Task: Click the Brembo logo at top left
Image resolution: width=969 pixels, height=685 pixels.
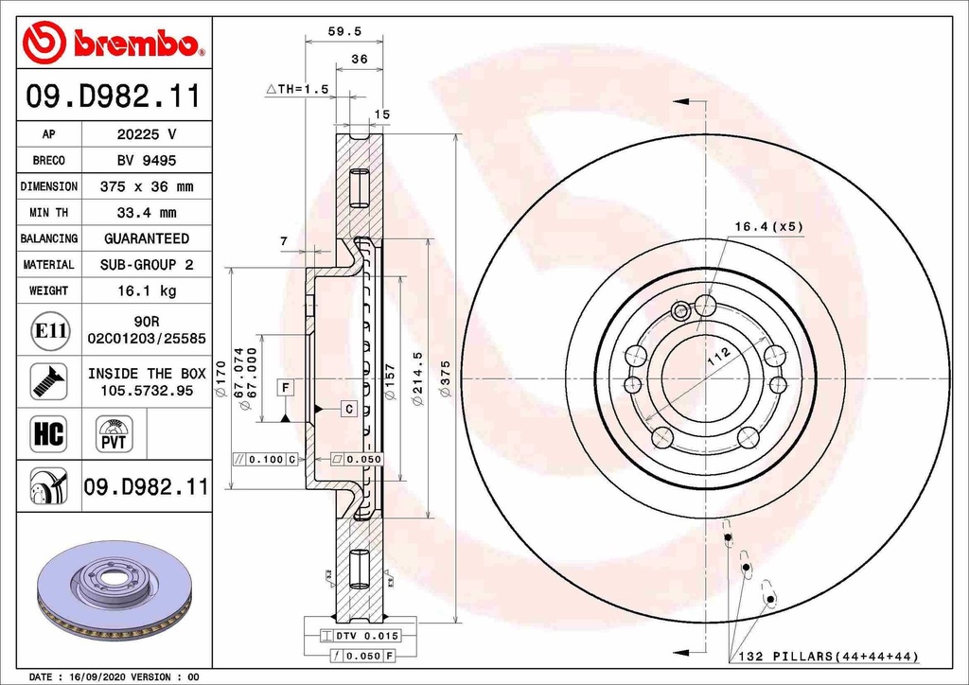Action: point(114,44)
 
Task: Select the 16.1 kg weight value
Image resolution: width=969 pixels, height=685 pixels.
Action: point(146,291)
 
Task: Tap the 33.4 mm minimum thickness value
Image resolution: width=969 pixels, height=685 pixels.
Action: point(146,213)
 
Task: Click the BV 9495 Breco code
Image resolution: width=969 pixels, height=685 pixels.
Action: point(146,161)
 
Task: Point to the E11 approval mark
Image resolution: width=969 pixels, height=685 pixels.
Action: point(49,330)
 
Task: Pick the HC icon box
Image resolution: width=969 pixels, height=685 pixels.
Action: point(49,433)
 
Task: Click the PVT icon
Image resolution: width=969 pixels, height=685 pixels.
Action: point(115,435)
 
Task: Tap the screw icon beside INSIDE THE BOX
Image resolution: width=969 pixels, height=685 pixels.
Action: point(49,380)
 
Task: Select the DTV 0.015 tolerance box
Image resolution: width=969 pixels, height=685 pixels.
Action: point(360,636)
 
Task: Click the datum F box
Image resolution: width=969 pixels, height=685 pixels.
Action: point(284,386)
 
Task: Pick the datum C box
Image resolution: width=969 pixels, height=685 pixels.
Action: point(348,409)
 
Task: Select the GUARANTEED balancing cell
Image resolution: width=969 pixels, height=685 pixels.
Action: point(146,239)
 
